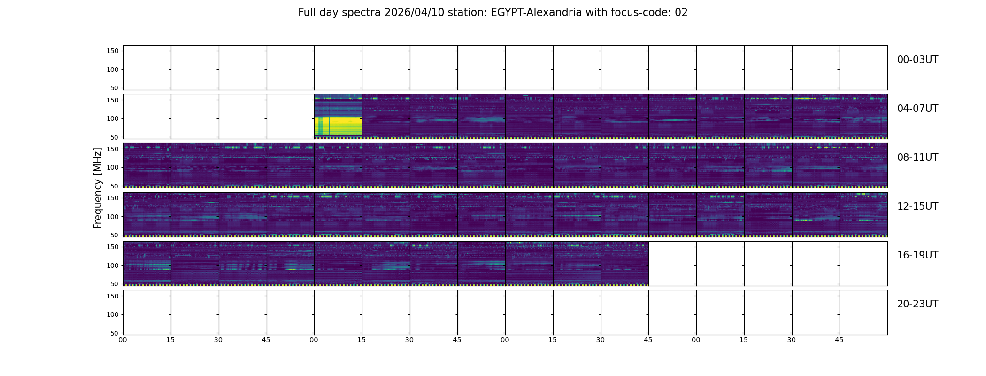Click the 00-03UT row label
[x=917, y=60]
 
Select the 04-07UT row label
[x=917, y=109]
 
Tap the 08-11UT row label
[x=917, y=157]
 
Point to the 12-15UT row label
[x=917, y=206]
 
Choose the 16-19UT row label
[x=917, y=255]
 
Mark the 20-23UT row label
[x=917, y=304]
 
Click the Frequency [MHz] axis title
[x=98, y=188]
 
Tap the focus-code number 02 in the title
[x=681, y=13]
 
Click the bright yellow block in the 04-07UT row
[x=338, y=126]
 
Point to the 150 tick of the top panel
[x=113, y=51]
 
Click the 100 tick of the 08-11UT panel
[x=113, y=167]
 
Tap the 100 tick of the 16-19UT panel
[x=113, y=265]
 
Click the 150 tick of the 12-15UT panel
[x=113, y=198]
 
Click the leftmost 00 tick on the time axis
[x=123, y=340]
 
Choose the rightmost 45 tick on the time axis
[x=839, y=340]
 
